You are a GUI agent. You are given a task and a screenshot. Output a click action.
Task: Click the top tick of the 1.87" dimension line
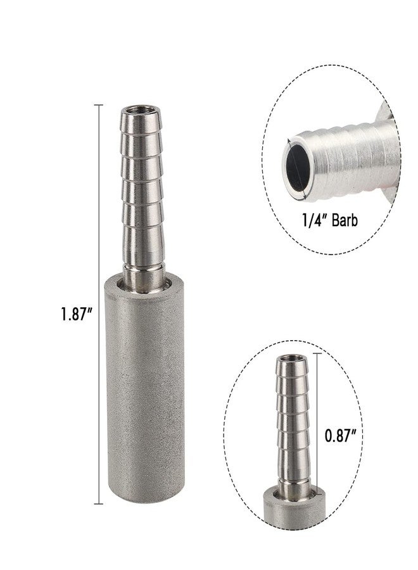tap(98, 104)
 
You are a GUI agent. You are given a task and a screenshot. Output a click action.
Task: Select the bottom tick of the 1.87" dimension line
tap(98, 503)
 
